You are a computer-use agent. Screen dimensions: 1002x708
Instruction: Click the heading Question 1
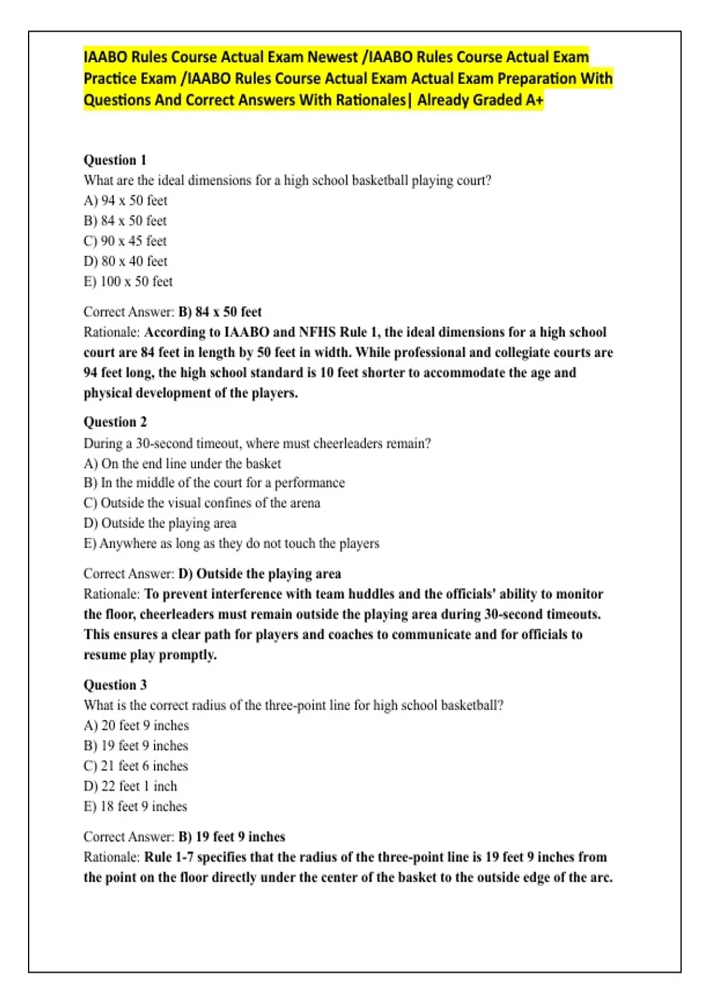115,160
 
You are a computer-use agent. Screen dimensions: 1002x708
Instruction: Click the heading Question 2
115,422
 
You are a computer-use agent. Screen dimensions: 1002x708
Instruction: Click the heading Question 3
115,685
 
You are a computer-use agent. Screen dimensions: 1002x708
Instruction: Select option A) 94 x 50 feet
126,201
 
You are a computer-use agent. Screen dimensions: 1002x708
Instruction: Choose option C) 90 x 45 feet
125,241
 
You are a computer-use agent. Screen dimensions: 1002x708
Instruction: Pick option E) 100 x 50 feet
128,282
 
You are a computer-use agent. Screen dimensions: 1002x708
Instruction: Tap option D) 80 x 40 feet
126,261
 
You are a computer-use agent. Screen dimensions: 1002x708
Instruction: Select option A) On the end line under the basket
182,464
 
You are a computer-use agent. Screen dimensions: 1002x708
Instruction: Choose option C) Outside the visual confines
202,503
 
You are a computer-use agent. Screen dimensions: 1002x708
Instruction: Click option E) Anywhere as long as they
231,543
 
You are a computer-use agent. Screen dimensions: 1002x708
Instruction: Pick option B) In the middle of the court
214,483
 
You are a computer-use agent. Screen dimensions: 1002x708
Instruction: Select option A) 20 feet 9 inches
136,726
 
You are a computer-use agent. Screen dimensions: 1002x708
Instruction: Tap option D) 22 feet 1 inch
130,786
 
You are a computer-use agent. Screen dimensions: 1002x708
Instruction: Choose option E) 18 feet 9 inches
135,806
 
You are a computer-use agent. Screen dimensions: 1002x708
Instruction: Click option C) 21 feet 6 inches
136,766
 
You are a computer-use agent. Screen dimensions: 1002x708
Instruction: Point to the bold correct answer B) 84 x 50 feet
220,312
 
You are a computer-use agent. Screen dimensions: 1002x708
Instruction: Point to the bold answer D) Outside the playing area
260,574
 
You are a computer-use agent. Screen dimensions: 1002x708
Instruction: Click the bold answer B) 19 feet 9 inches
232,837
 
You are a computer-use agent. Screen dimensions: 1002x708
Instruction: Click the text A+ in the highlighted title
534,100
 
